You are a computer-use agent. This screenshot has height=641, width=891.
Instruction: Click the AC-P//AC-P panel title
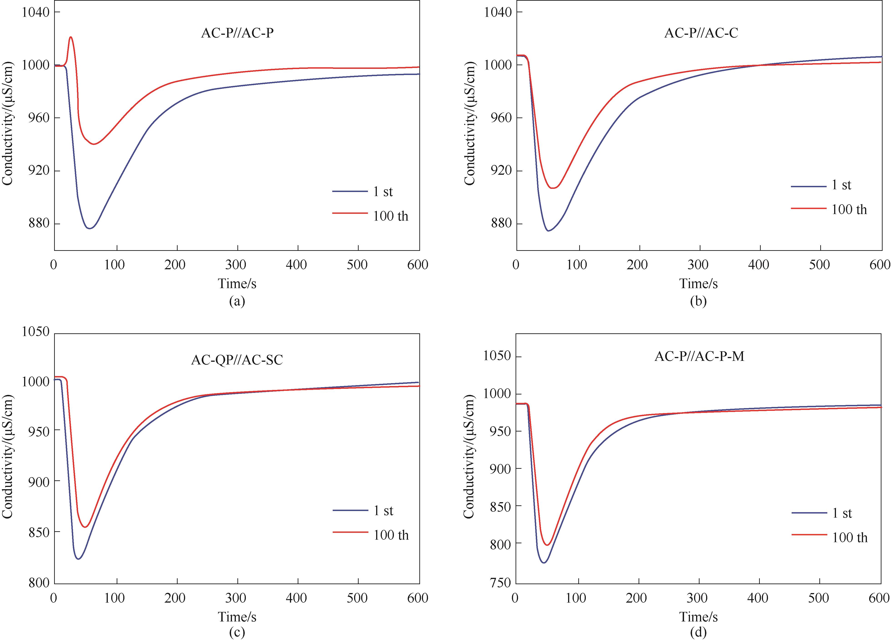pos(237,33)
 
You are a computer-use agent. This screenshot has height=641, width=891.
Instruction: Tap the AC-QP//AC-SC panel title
pos(237,360)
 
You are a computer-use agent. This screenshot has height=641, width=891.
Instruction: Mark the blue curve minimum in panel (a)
pos(90,228)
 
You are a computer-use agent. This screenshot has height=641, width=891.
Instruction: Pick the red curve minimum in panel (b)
pos(553,188)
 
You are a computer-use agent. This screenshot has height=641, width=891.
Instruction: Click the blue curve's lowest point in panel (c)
pos(79,559)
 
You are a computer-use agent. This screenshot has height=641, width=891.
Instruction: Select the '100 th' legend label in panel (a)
pos(390,216)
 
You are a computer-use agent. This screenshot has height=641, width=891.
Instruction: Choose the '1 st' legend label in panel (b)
pos(841,185)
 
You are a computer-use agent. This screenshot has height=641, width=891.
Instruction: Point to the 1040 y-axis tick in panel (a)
pos(36,12)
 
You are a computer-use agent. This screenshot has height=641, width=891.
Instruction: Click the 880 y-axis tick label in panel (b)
pos(498,224)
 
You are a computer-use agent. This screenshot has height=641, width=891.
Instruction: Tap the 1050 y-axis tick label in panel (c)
pos(36,332)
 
